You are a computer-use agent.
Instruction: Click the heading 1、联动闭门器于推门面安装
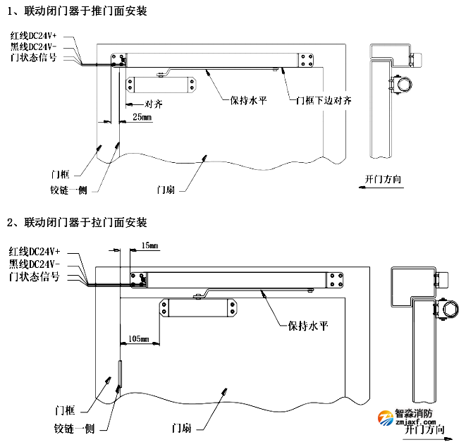click(79, 11)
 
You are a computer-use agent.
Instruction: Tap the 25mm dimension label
click(142, 117)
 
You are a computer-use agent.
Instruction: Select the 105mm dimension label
click(139, 339)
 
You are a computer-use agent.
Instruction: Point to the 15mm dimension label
click(149, 246)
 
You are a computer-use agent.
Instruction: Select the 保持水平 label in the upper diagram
click(248, 100)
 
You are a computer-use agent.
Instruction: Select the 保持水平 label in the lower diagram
click(309, 326)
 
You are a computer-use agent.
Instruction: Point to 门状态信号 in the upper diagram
click(39, 57)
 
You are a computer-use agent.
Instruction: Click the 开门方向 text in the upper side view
click(384, 180)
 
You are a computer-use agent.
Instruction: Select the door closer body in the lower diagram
click(200, 308)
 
